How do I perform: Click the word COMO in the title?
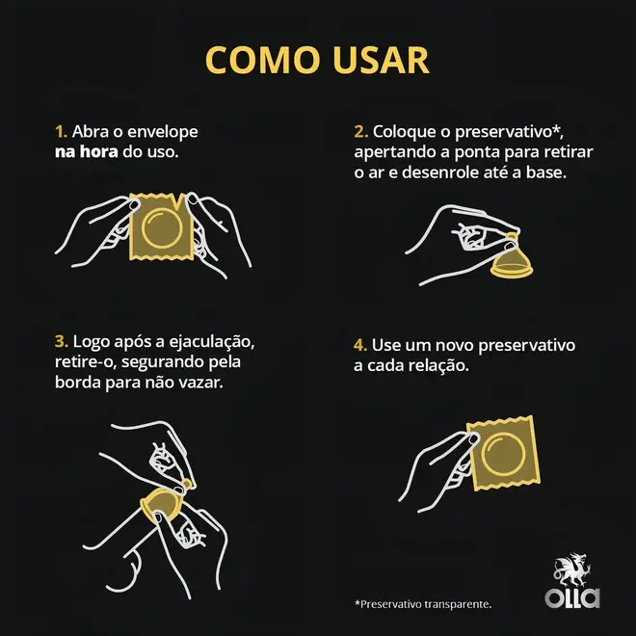click(x=262, y=60)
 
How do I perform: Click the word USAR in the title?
click(x=381, y=60)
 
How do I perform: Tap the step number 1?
click(x=61, y=131)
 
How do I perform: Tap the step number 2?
click(x=360, y=131)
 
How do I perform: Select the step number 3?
click(x=62, y=341)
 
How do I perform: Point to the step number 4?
click(x=360, y=345)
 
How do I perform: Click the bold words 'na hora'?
click(x=87, y=151)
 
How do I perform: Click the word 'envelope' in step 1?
click(x=163, y=132)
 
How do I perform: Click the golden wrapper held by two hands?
click(x=161, y=227)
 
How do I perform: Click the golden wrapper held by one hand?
click(x=503, y=452)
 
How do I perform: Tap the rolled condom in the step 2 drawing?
click(x=512, y=261)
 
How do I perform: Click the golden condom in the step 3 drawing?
click(x=162, y=503)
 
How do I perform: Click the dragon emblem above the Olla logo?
click(x=572, y=570)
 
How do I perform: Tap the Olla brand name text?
click(x=572, y=598)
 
